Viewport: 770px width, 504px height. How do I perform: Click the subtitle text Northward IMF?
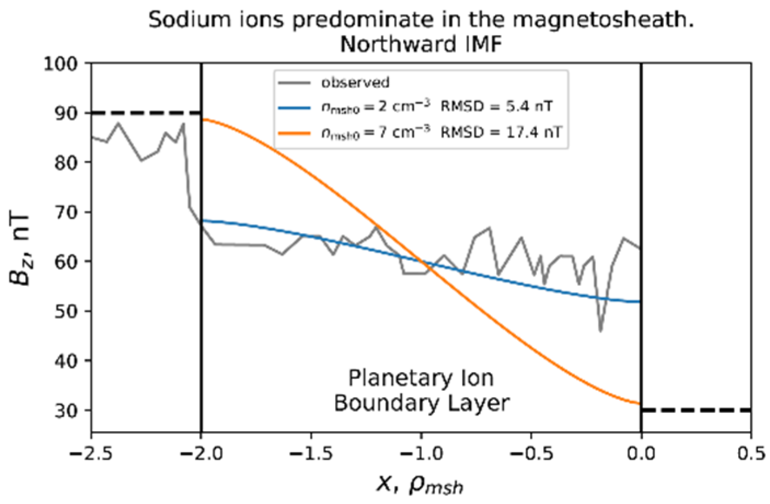(421, 44)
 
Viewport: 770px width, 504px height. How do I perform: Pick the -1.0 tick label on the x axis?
(421, 454)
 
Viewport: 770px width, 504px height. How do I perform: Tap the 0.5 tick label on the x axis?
(751, 454)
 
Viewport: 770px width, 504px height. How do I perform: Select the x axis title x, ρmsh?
(420, 484)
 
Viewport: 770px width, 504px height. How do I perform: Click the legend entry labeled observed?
(355, 83)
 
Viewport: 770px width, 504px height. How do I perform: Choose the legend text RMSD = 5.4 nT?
(496, 107)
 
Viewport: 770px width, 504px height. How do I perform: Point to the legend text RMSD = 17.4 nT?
(501, 132)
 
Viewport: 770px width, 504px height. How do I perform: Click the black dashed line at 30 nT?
(696, 410)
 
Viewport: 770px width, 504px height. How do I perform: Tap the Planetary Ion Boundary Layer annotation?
(421, 390)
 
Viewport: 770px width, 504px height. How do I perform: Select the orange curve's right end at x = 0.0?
(640, 404)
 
